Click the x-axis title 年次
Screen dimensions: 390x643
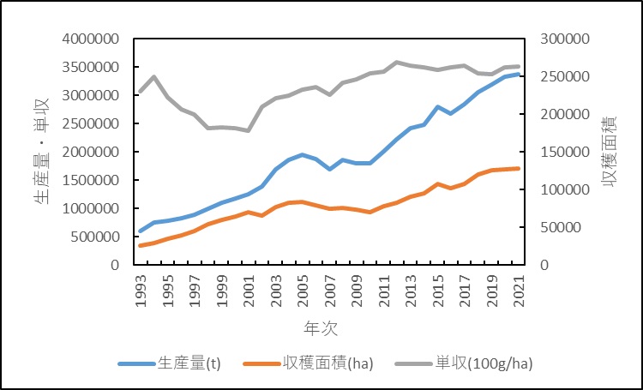pyautogui.click(x=326, y=328)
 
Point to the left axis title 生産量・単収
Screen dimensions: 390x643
pyautogui.click(x=40, y=151)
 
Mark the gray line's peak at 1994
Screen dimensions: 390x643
pyautogui.click(x=153, y=77)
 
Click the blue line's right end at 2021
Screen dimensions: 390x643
pyautogui.click(x=518, y=74)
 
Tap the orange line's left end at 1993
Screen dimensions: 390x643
pyautogui.click(x=141, y=246)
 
